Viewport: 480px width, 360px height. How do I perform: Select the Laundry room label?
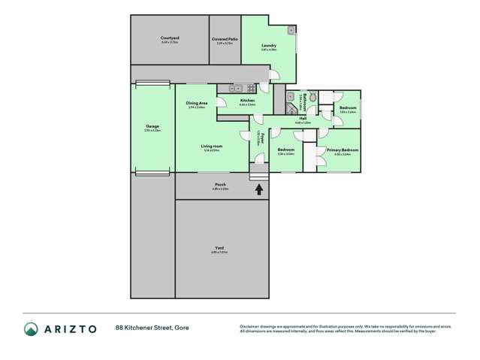coord(269,47)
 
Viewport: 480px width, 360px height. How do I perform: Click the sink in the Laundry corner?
coord(291,31)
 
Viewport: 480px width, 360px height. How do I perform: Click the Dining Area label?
coord(197,103)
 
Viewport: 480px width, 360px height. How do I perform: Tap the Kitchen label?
coord(247,100)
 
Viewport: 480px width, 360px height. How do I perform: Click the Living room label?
coord(211,146)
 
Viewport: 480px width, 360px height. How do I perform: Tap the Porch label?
coord(221,184)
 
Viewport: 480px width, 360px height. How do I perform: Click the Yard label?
coord(219,248)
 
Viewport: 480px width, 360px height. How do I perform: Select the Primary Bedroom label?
coord(342,150)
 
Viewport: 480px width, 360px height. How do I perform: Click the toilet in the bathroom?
coord(312,97)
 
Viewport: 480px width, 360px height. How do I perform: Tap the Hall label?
coord(303,118)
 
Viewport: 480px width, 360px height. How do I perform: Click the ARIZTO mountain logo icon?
coord(32,328)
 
